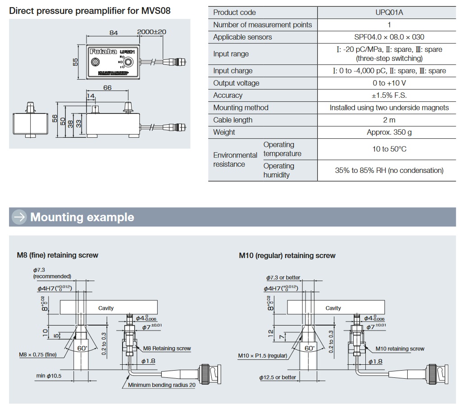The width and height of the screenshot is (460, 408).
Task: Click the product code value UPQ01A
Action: click(389, 13)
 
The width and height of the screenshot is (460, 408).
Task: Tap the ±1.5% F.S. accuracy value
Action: click(389, 95)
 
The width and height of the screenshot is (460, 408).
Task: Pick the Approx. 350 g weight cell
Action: click(389, 132)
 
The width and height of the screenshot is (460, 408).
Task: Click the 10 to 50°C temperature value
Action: click(389, 149)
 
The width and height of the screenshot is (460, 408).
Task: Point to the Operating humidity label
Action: click(279, 170)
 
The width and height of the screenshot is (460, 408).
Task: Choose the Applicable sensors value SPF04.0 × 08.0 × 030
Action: click(389, 37)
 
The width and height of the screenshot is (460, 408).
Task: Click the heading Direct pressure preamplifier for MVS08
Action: click(90, 10)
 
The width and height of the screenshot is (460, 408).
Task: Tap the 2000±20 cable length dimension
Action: click(152, 32)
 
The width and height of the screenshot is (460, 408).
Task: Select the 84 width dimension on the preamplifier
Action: click(114, 32)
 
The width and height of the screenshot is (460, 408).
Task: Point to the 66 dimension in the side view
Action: click(107, 88)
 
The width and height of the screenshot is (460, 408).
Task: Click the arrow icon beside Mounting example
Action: click(19, 217)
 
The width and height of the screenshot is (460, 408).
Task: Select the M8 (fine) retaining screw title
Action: click(57, 255)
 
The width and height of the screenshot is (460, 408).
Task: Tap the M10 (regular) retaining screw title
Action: click(287, 256)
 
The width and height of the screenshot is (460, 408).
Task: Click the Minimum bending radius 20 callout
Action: click(162, 385)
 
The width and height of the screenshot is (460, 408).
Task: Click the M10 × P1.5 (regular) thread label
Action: click(263, 356)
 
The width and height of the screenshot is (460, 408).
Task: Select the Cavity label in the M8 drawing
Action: click(106, 308)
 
